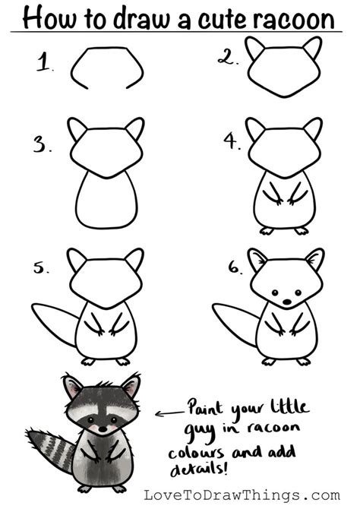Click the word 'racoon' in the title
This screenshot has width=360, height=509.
coord(294,20)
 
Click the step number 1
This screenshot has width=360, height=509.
coord(44,62)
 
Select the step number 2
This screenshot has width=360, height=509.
coord(228,57)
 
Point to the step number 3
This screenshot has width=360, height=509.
coord(42,144)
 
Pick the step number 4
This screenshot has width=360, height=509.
coord(232,141)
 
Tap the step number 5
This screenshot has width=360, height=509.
coord(41,267)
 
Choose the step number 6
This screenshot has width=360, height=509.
coord(235,267)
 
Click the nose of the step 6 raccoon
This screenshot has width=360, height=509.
coord(287,302)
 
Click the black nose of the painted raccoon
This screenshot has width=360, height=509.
coord(103,428)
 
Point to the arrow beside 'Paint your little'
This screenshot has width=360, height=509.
coord(169,413)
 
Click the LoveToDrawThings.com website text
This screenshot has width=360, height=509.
coord(242,495)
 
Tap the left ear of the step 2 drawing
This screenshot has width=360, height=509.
coord(254,48)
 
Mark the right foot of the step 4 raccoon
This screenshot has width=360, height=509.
coord(302,231)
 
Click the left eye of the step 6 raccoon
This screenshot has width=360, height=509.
coord(275,292)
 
